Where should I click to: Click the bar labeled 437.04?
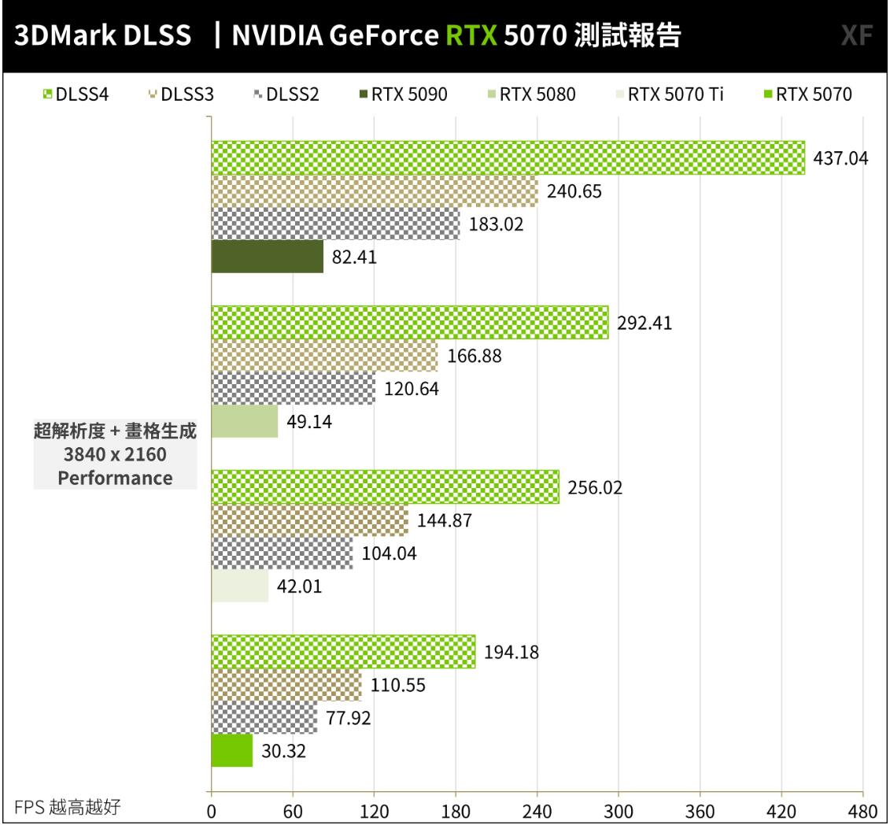(508, 157)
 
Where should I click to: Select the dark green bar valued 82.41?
(267, 257)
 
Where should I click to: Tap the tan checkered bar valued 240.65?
(374, 191)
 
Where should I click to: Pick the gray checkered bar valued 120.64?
(293, 388)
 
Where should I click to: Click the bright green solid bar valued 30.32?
(231, 750)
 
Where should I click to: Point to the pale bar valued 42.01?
(239, 586)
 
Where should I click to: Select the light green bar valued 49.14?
(244, 421)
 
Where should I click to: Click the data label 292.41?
(644, 324)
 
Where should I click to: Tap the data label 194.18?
(511, 652)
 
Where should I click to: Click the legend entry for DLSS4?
(76, 95)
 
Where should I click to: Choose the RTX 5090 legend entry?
(403, 95)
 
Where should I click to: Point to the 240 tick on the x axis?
(537, 810)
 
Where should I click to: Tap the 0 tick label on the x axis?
(211, 810)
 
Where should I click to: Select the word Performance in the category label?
(115, 478)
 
